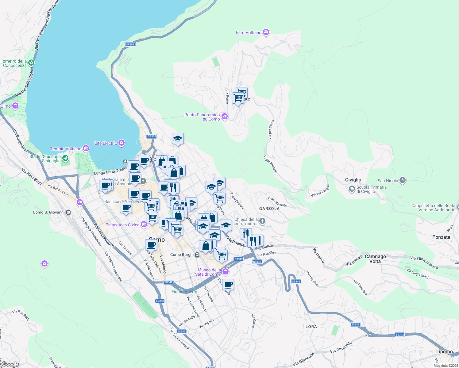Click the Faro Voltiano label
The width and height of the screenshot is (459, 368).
click(249, 33)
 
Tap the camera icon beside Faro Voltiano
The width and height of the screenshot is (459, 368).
click(266, 32)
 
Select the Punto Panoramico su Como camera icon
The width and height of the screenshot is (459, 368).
click(225, 116)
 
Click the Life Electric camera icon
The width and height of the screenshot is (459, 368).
click(121, 143)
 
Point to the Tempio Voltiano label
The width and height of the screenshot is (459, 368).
click(66, 149)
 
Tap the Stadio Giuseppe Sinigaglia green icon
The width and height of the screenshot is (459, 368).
click(65, 158)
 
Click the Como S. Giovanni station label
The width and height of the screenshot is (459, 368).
click(49, 212)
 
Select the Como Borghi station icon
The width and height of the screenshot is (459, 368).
click(197, 255)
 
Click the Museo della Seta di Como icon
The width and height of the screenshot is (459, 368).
click(226, 272)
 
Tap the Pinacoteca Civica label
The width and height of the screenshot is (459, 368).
click(122, 225)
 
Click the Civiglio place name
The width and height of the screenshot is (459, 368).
click(353, 180)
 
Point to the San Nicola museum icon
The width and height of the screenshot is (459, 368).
click(403, 180)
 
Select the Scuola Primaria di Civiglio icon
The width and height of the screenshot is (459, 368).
click(352, 189)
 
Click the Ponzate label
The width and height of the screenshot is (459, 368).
click(441, 237)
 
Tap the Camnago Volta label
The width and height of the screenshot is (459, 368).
click(375, 259)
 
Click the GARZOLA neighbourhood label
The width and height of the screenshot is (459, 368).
click(269, 209)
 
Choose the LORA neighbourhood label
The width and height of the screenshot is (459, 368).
click(311, 327)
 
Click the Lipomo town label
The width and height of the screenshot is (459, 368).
click(445, 351)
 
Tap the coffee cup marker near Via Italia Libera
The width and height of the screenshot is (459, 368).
click(151, 245)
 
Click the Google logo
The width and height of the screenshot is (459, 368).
click(10, 364)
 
